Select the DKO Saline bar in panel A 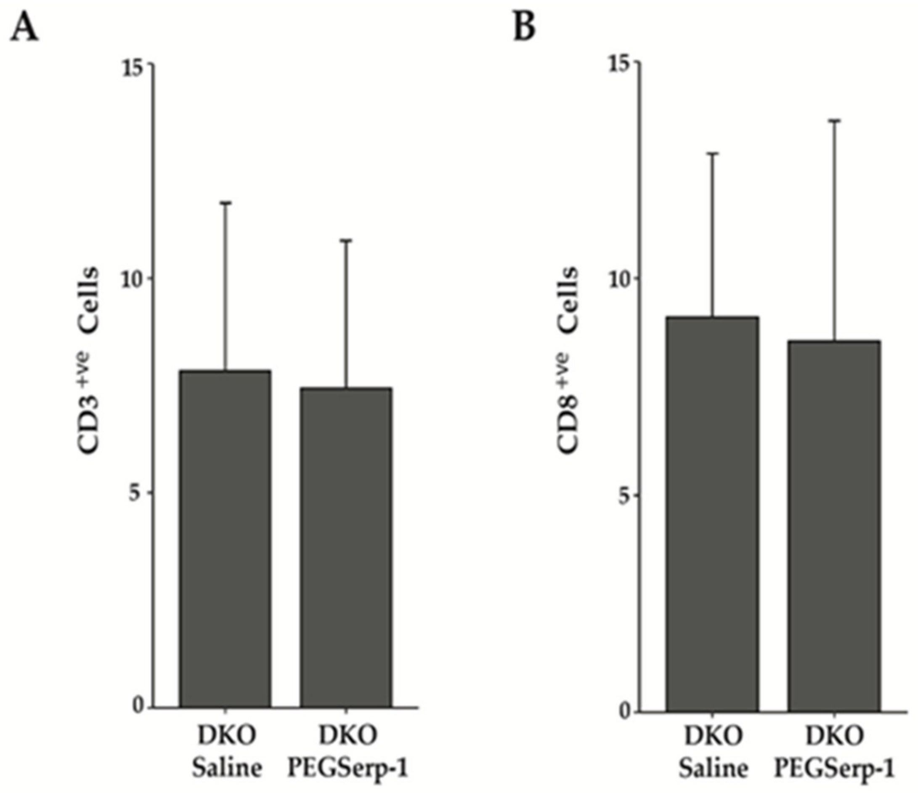[x=225, y=539]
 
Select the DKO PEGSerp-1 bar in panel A [x=345, y=548]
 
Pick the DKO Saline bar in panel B [x=712, y=514]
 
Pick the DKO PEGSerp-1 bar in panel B [x=833, y=526]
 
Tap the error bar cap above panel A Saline [x=225, y=203]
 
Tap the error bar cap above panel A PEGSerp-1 [x=345, y=240]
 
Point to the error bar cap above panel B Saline [x=712, y=153]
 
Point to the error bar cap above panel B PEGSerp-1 [x=834, y=120]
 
